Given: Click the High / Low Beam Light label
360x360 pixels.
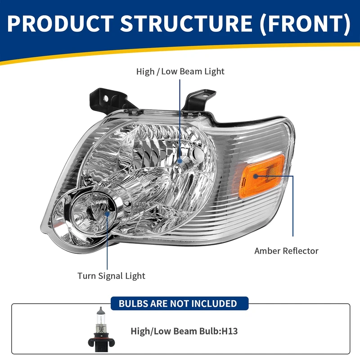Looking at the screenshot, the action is [x=180, y=72].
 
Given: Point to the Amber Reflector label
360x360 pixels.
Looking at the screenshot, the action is [x=286, y=251].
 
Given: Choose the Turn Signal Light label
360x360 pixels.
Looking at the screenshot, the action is [x=111, y=276].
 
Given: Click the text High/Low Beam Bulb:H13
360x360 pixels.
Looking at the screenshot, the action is [x=184, y=332].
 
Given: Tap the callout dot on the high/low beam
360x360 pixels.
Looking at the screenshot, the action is [x=180, y=160].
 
